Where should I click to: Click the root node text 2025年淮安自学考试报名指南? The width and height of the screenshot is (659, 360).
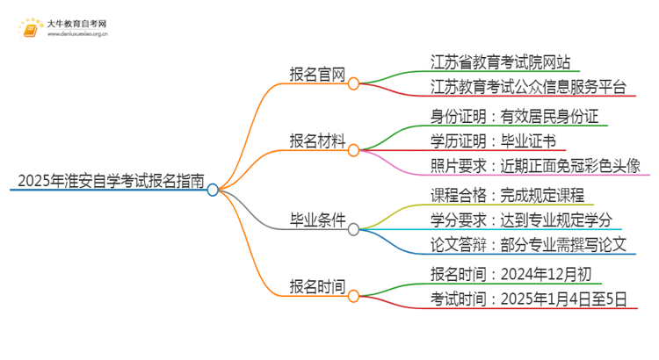(x=111, y=183)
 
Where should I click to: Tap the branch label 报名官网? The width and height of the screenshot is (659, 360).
(x=317, y=74)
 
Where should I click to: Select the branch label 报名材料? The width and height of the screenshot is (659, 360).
(x=317, y=140)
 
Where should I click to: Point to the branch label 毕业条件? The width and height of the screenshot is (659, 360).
(x=317, y=219)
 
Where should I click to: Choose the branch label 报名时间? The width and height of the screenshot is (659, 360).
(x=317, y=286)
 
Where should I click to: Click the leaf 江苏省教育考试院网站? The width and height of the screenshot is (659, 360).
(x=501, y=62)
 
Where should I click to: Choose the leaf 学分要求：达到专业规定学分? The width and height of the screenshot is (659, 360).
(x=521, y=219)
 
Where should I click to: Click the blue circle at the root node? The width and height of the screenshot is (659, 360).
(x=213, y=189)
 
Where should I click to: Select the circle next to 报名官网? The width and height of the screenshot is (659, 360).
(x=353, y=84)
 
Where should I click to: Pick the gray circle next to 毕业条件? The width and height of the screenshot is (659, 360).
(x=353, y=229)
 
